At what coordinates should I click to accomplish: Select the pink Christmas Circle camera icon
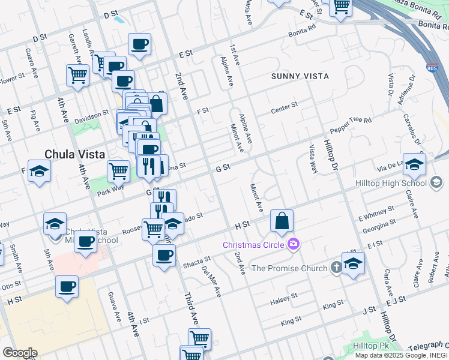click(x=294, y=244)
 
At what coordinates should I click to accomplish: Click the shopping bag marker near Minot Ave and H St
click(x=282, y=221)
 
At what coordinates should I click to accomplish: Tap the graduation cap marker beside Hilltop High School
click(x=414, y=164)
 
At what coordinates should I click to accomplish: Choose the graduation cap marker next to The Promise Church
click(x=354, y=263)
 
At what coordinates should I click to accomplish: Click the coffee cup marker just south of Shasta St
click(x=164, y=256)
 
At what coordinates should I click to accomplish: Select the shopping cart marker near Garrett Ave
click(x=78, y=76)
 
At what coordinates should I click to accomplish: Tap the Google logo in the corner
click(x=19, y=353)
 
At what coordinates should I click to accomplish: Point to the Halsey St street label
click(x=284, y=297)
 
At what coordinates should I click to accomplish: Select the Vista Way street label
click(x=312, y=159)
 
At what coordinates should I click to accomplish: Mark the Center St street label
click(x=284, y=106)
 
